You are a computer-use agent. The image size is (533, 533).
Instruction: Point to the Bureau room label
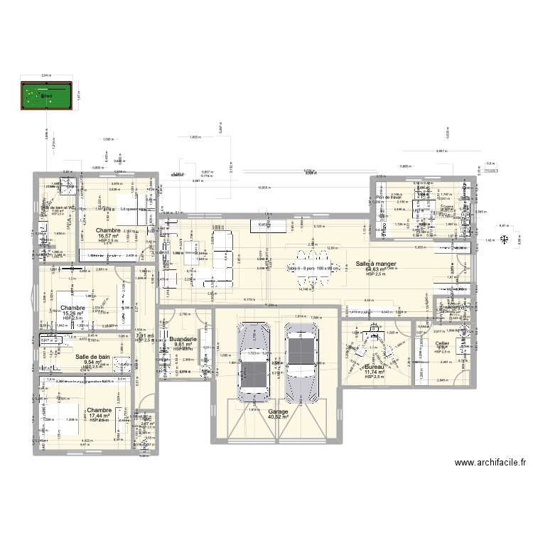tap(374, 365)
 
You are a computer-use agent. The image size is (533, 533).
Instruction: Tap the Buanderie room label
tap(184, 340)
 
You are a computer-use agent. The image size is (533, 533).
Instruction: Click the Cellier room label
tap(442, 343)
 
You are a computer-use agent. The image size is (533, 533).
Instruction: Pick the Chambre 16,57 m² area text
tap(109, 236)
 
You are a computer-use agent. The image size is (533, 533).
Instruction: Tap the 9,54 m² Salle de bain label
tap(92, 362)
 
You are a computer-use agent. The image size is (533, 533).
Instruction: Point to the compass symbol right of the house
tap(504, 240)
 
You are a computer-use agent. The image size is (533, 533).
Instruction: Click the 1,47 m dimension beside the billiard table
tap(79, 97)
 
